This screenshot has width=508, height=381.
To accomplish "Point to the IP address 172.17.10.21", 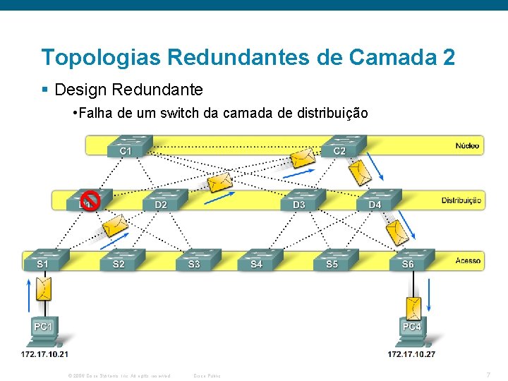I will pyautogui.click(x=44, y=353).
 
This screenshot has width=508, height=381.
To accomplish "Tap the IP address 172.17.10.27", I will pyautogui.click(x=411, y=353).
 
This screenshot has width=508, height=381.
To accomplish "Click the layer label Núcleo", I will pyautogui.click(x=467, y=146).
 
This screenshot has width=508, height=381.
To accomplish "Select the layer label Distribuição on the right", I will pyautogui.click(x=461, y=200).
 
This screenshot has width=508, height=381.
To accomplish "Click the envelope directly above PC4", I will pyautogui.click(x=413, y=307).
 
